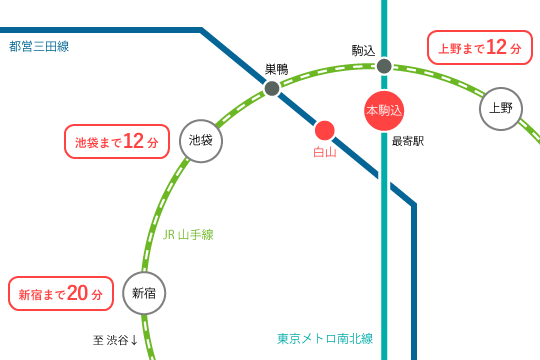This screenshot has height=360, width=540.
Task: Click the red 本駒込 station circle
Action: click(384, 110)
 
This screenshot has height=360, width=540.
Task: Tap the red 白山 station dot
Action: click(325, 130)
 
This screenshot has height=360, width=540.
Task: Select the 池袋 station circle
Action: click(201, 141)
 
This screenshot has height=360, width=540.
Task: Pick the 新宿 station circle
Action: click(144, 293)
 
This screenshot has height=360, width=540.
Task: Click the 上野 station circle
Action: click(501, 108)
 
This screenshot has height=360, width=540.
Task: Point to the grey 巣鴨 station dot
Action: click(272, 88)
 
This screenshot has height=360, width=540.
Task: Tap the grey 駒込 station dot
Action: click(384, 66)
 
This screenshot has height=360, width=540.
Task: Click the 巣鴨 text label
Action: click(276, 69)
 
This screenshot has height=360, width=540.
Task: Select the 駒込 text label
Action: click(363, 50)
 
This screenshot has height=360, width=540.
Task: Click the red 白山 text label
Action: click(325, 152)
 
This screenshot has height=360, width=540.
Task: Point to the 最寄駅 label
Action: click(408, 141)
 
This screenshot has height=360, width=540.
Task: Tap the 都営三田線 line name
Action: click(39, 46)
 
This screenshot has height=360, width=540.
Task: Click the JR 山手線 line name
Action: click(188, 234)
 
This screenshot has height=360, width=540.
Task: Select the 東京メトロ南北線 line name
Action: click(325, 338)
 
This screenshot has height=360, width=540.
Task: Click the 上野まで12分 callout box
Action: click(480, 47)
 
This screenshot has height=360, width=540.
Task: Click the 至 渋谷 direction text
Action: click(110, 340)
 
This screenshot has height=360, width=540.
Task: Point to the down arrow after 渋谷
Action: click(134, 340)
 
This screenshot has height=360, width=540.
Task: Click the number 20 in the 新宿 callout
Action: click(78, 293)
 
